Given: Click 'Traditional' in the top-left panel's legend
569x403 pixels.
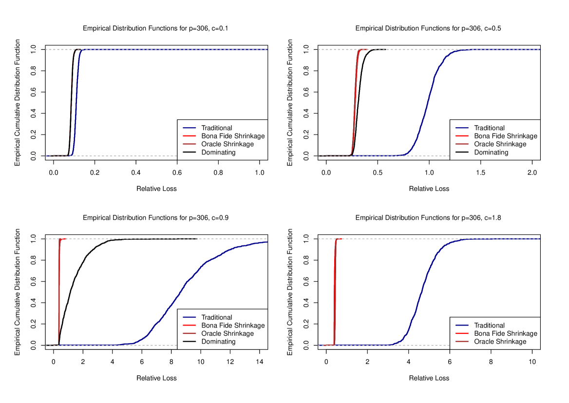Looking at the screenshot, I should (216, 128).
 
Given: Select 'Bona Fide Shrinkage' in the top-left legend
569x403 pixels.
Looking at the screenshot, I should (233, 136).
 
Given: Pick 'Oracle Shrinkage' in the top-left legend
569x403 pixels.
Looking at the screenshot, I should (228, 144).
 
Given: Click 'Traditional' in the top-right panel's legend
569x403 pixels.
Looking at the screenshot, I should (489, 128).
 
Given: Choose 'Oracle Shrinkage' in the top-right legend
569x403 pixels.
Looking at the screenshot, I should (500, 144).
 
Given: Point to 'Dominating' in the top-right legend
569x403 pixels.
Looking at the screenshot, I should (491, 153).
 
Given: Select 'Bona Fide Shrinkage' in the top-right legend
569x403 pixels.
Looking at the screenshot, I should (506, 136).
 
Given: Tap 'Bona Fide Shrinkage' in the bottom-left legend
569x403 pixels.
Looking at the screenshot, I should (233, 326).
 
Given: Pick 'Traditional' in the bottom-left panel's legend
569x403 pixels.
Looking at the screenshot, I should (216, 317).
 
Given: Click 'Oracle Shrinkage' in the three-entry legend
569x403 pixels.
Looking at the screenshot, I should (500, 342).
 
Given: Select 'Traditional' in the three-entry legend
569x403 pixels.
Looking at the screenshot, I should (489, 326).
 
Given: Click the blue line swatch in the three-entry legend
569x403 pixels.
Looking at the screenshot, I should (462, 326).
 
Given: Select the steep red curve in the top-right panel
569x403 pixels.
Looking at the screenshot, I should (355, 102).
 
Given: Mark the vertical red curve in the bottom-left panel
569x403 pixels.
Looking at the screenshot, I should (59, 292).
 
